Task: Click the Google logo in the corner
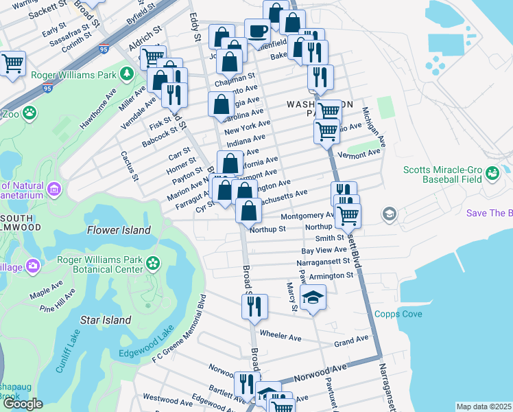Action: click(23, 404)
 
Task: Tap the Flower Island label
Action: click(119, 231)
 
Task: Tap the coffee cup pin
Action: click(257, 30)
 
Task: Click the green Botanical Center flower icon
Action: click(152, 262)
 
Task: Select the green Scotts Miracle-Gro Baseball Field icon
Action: click(492, 175)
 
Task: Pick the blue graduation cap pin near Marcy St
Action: click(313, 297)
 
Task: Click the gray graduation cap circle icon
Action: click(390, 214)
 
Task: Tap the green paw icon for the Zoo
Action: click(29, 111)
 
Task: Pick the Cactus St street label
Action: click(129, 167)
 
